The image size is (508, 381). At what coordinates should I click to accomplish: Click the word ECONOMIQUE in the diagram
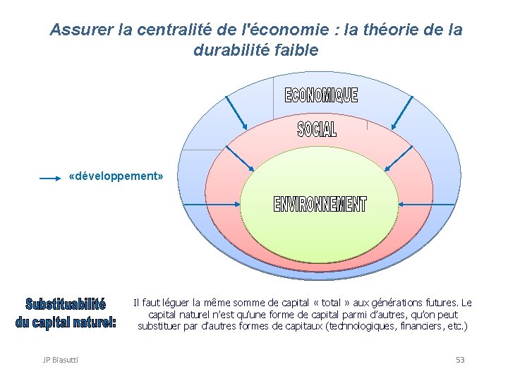pos(321,96)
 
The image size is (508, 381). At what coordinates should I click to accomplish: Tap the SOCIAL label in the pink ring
pos(317,129)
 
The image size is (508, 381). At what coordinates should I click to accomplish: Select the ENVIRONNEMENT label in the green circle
pos(320,204)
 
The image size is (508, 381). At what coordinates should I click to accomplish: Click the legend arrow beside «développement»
pos(50,179)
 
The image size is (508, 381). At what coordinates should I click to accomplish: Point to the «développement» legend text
pos(116,176)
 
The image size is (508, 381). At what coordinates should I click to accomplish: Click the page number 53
pos(460,360)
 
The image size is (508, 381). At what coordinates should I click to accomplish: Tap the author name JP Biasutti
pos(61,360)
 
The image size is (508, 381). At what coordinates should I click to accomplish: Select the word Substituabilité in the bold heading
pos(66,305)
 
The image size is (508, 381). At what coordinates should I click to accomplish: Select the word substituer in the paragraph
pos(162,326)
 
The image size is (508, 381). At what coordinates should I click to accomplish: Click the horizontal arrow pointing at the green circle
pos(211,204)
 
